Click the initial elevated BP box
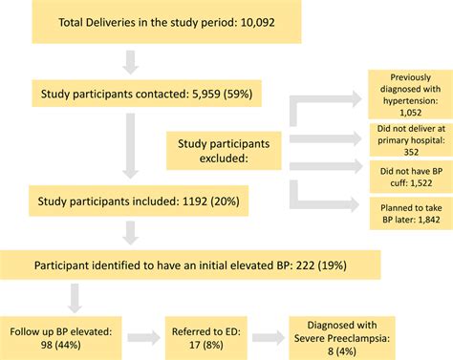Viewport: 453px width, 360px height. coord(192,264)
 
